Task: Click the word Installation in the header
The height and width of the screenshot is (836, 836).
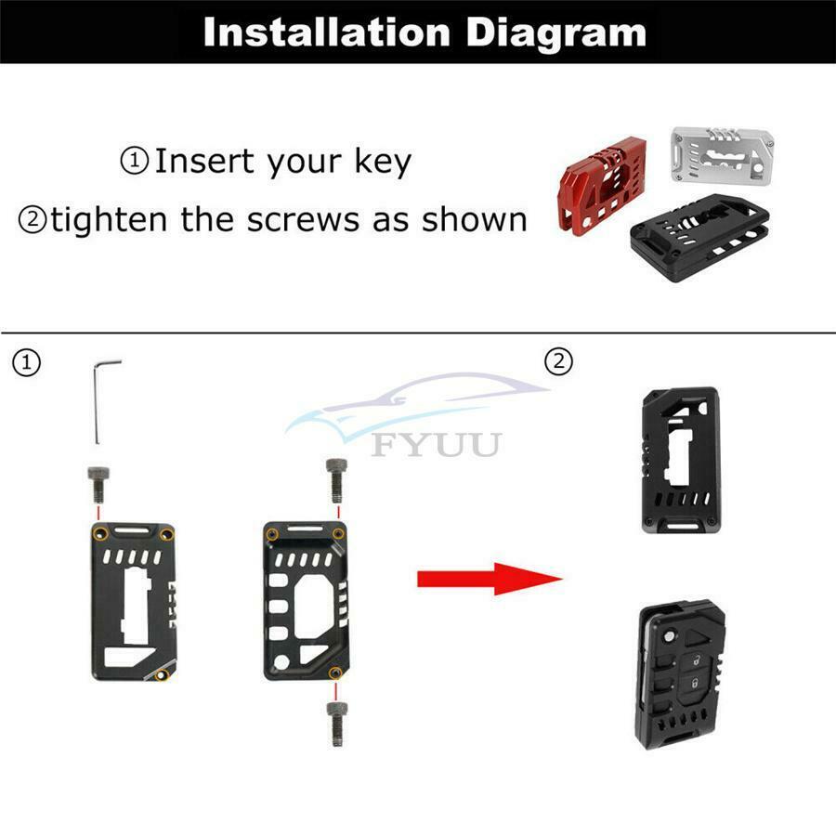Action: pos(327,33)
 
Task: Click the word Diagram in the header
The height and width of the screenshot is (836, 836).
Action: pos(555,34)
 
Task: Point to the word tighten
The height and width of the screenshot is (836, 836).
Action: pos(109,219)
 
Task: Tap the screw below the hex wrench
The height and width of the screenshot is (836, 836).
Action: pos(98,484)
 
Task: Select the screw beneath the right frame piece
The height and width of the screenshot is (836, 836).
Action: pos(336,724)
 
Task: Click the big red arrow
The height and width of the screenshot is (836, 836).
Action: pos(490,579)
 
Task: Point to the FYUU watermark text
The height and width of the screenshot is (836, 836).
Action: pos(437,445)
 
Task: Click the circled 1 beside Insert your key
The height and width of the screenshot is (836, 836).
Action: pos(135,161)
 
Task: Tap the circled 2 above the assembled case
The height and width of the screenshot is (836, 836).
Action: pos(559,362)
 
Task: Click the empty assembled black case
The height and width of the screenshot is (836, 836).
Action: pos(681,460)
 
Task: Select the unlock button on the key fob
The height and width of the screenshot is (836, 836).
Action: pos(697,661)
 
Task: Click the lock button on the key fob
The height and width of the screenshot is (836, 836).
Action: pos(695,683)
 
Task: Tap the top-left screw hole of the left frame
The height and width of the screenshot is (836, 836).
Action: pos(99,533)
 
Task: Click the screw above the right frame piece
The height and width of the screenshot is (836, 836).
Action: pos(336,480)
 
